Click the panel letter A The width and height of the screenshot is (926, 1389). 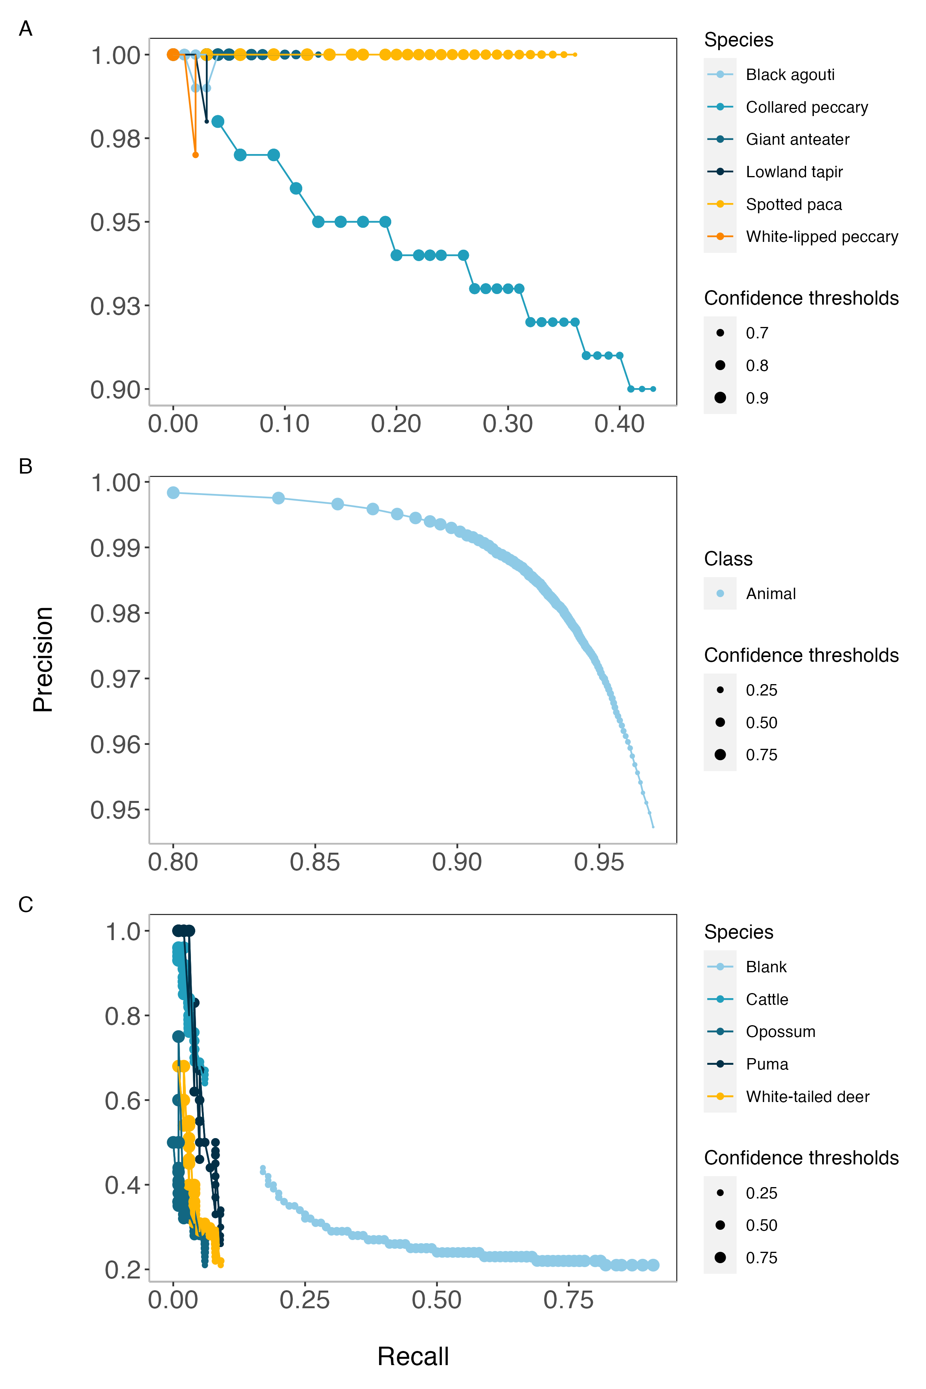(25, 28)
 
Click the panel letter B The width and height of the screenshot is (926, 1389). (25, 466)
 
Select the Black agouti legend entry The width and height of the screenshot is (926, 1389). (790, 74)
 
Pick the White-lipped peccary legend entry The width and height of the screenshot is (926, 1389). (821, 236)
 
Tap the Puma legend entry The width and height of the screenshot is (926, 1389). (766, 1064)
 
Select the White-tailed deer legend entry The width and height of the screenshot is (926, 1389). (807, 1097)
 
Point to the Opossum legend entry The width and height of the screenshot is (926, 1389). (780, 1032)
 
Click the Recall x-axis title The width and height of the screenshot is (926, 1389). (413, 1356)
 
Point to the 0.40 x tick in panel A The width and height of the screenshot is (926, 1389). (619, 424)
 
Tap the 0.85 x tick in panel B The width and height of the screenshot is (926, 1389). (315, 862)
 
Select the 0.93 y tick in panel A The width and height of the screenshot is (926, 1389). (115, 306)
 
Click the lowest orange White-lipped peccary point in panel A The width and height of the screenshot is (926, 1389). (196, 155)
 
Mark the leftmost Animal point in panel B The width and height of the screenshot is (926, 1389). (173, 492)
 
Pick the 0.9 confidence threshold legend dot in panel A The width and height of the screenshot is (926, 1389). (720, 398)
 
